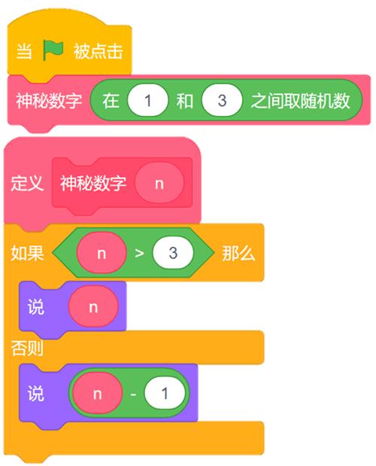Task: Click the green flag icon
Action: click(x=53, y=50)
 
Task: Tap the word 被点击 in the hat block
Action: click(x=99, y=51)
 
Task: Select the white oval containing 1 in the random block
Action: click(x=148, y=100)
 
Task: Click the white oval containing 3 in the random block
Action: click(x=222, y=100)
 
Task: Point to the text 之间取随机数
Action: click(x=300, y=100)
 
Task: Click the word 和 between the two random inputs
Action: click(x=185, y=100)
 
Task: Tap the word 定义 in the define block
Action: click(x=27, y=183)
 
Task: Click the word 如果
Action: click(x=27, y=253)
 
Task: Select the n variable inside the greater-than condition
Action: click(x=102, y=253)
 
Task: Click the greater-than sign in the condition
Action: click(x=139, y=253)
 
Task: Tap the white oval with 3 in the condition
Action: click(x=173, y=253)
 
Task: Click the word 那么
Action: click(x=238, y=253)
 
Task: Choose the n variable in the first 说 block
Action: click(x=93, y=306)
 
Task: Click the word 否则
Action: click(x=27, y=348)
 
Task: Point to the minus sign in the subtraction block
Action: click(x=133, y=394)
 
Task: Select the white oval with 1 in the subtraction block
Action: click(x=165, y=393)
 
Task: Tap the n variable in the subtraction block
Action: click(x=98, y=393)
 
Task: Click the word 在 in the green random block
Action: click(x=111, y=100)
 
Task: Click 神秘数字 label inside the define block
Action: click(x=93, y=183)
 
